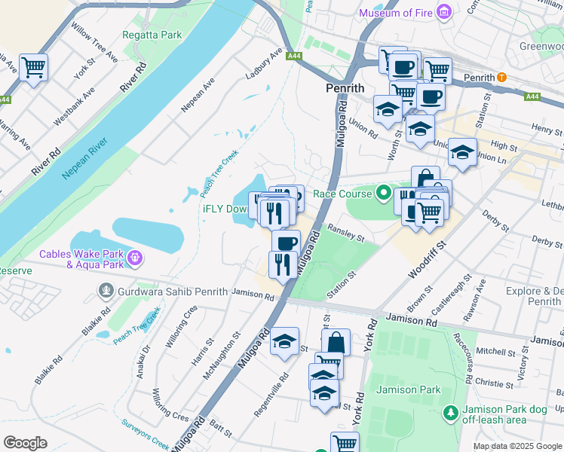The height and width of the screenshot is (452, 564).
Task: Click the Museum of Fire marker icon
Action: click(444, 13)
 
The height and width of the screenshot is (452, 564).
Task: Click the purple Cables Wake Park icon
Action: click(136, 258)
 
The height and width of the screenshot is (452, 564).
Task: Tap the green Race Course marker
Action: click(384, 194)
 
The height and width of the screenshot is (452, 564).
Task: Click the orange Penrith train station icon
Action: click(502, 78)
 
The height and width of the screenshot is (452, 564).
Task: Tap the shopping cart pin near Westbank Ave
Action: click(33, 67)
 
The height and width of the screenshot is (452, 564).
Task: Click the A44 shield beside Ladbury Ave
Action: click(295, 55)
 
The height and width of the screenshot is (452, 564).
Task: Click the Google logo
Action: click(25, 443)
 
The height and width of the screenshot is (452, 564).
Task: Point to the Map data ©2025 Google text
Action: click(516, 446)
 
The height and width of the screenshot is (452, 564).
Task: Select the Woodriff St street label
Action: click(428, 257)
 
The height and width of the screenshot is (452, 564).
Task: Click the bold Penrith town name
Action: click(345, 88)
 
